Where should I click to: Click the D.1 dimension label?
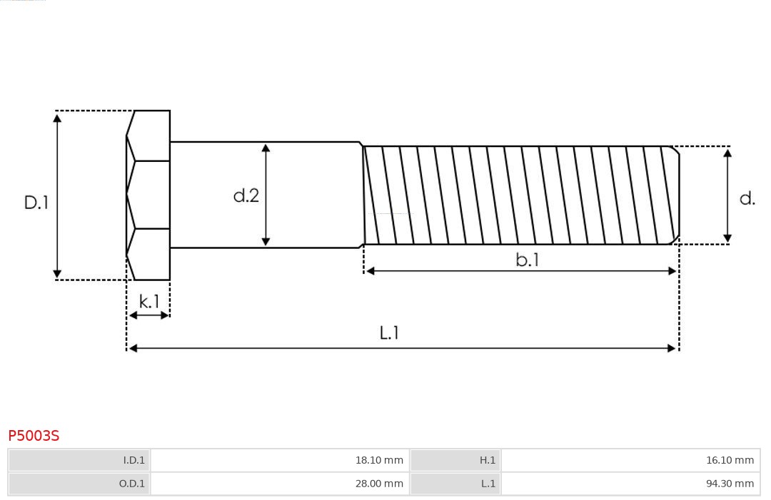(x=36, y=203)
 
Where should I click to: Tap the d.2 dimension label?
(x=246, y=195)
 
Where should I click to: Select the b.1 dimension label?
(x=527, y=260)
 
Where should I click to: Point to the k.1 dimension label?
(x=149, y=301)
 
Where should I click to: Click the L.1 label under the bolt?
(x=389, y=333)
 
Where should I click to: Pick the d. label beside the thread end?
(x=747, y=198)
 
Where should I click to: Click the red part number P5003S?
(x=34, y=436)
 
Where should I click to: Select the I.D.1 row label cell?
(x=79, y=460)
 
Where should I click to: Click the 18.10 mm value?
(x=379, y=460)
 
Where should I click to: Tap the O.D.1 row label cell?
(x=79, y=484)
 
